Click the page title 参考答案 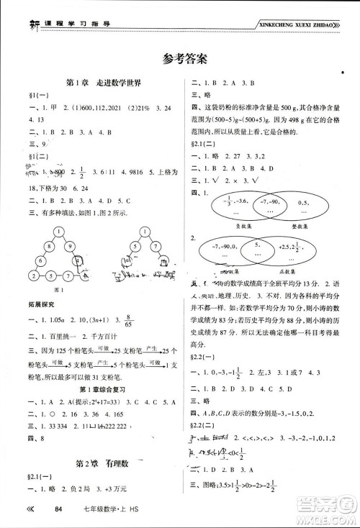[179, 58]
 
